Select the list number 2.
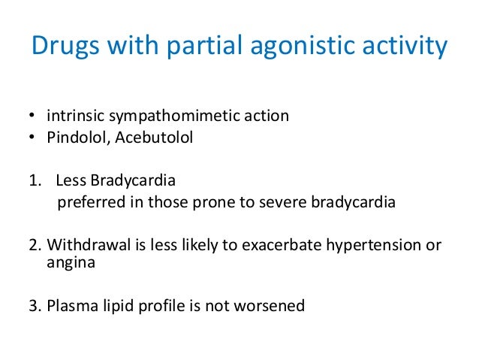coord(34,246)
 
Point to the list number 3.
coord(34,307)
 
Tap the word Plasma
coord(67,307)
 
